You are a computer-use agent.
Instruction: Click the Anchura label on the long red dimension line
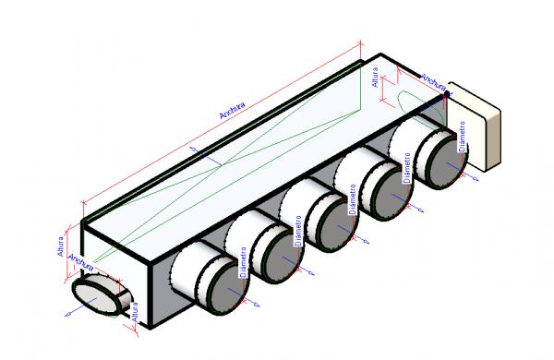click(x=232, y=110)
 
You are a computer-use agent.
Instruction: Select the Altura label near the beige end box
click(x=375, y=78)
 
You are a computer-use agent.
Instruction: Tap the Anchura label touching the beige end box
click(x=433, y=82)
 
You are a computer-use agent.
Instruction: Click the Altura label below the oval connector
click(x=135, y=316)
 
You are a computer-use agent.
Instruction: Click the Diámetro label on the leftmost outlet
click(x=243, y=261)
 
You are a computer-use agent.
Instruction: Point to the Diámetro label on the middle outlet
click(x=352, y=198)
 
